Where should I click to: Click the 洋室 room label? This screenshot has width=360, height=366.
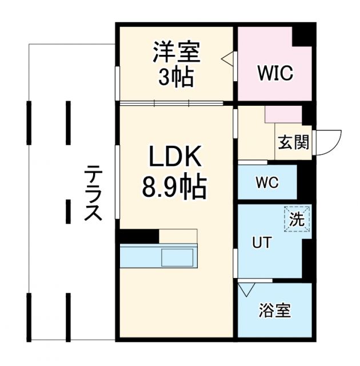[176, 53]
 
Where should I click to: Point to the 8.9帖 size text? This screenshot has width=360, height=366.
[174, 186]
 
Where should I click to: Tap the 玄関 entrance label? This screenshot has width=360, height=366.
[293, 142]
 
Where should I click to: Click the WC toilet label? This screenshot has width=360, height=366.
[267, 183]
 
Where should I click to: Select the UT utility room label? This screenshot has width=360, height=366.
[262, 242]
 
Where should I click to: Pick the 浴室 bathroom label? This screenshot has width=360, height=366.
[274, 311]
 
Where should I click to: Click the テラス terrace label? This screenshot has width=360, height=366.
[93, 193]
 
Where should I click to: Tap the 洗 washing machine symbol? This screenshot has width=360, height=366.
[297, 218]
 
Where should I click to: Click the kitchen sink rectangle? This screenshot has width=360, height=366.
[178, 256]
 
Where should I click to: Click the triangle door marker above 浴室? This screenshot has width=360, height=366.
[246, 289]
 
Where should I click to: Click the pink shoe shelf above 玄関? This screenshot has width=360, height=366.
[283, 114]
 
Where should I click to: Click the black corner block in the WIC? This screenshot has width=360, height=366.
[303, 35]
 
